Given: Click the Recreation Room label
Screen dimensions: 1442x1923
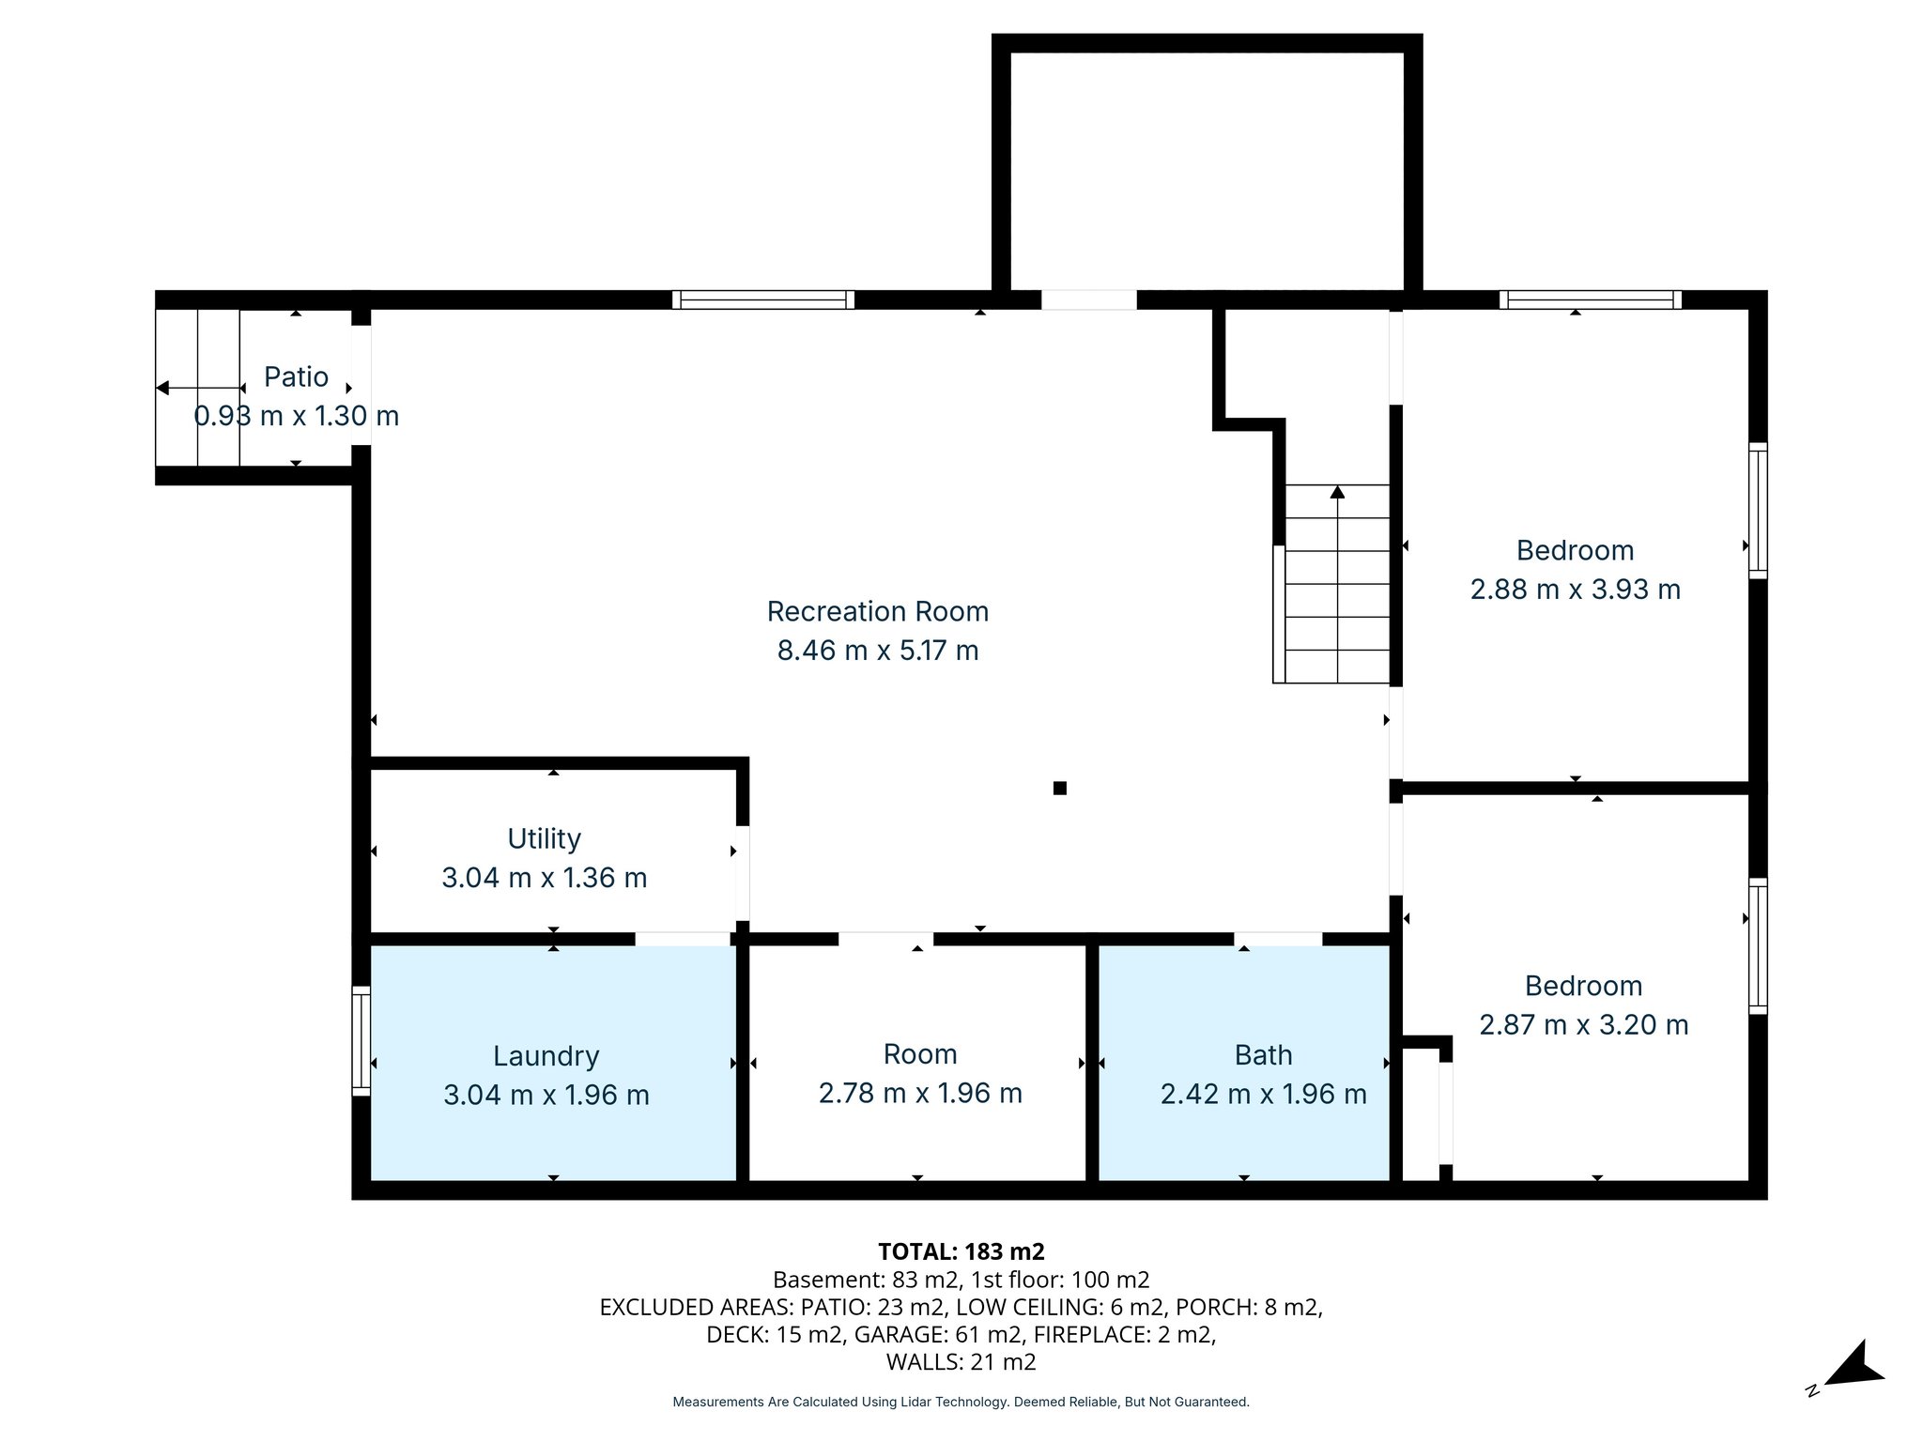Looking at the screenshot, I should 877,611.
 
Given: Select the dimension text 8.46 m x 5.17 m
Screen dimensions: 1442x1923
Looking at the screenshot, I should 877,651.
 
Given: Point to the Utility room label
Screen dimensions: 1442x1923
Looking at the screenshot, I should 544,838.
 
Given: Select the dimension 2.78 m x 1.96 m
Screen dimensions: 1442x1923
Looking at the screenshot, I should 919,1094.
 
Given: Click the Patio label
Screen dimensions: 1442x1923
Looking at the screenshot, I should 296,377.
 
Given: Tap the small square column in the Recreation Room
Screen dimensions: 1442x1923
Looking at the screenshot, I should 1059,788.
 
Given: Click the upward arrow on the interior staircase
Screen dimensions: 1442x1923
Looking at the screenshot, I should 1337,492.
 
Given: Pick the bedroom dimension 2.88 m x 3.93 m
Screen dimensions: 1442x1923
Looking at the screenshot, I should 1575,590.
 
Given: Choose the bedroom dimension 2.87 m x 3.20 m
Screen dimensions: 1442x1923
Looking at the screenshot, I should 1583,1025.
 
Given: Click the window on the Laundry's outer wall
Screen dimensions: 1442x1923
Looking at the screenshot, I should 361,1040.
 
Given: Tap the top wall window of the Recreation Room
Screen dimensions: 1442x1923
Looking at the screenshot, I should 762,299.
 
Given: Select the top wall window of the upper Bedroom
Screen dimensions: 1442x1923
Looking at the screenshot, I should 1590,299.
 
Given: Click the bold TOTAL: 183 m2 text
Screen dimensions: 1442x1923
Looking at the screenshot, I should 961,1251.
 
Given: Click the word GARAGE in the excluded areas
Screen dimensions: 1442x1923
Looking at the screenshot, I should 891,1335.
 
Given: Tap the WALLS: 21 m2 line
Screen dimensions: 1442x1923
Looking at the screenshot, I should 961,1362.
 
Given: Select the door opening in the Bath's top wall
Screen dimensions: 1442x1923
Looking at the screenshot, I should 1277,938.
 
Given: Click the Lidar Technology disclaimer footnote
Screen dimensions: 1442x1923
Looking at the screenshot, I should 961,1402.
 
